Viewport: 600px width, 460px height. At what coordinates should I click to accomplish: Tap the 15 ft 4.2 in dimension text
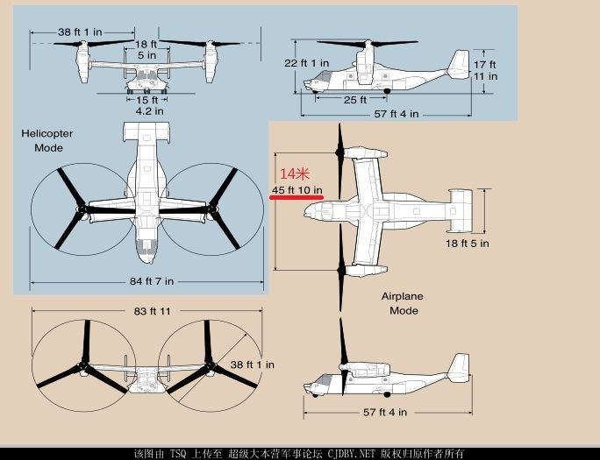point(148,105)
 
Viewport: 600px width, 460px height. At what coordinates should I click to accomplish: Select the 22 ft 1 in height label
point(307,63)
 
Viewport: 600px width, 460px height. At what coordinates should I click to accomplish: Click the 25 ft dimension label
point(355,99)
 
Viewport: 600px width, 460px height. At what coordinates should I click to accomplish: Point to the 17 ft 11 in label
point(485,70)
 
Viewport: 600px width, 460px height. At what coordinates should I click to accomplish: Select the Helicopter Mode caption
point(48,140)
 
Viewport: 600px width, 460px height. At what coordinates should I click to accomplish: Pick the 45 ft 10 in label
point(297,189)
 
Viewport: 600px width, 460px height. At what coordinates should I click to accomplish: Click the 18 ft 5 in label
point(467,243)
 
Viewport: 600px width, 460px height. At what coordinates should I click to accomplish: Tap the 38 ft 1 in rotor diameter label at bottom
point(252,364)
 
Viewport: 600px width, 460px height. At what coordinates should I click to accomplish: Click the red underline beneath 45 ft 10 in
point(297,198)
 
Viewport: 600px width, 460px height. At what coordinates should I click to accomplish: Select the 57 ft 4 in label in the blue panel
point(396,114)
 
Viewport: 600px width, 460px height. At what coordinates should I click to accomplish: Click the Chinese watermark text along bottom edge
point(299,453)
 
